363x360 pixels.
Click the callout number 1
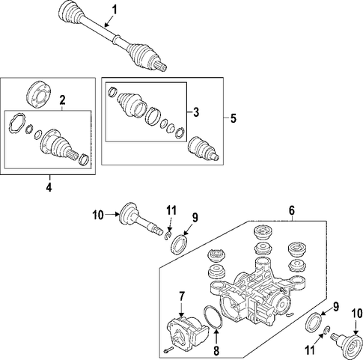[115, 10]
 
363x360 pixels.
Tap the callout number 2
[62, 100]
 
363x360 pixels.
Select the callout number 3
[196, 112]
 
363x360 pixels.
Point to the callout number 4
[49, 187]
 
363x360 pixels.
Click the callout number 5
[234, 118]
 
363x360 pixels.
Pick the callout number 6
[292, 210]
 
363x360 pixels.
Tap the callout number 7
[181, 296]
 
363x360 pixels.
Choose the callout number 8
[216, 351]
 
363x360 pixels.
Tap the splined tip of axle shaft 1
[162, 67]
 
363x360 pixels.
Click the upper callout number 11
[171, 211]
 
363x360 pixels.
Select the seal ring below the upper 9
[180, 244]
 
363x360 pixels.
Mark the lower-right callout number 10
[357, 313]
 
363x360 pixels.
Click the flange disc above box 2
[39, 94]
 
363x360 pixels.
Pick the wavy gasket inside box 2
[16, 124]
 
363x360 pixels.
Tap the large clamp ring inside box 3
[152, 116]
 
